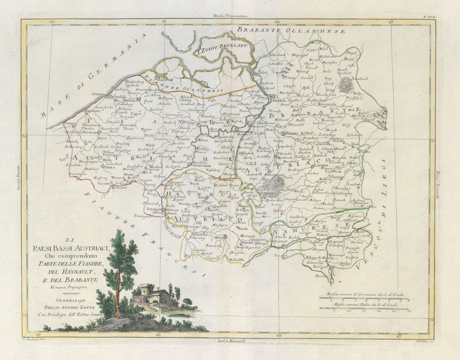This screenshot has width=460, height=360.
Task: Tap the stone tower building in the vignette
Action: click(146, 290)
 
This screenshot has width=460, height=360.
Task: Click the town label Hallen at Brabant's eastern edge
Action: click(366, 151)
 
